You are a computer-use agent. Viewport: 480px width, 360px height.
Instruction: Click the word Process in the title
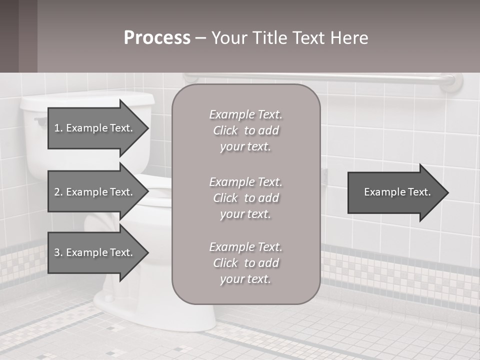click(157, 38)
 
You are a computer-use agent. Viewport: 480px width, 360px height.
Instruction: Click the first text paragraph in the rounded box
click(245, 130)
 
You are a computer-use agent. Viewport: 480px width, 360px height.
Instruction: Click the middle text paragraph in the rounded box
click(245, 198)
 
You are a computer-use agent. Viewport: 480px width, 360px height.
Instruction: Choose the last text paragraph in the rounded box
click(245, 263)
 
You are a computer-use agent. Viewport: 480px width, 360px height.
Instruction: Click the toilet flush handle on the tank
click(40, 120)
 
